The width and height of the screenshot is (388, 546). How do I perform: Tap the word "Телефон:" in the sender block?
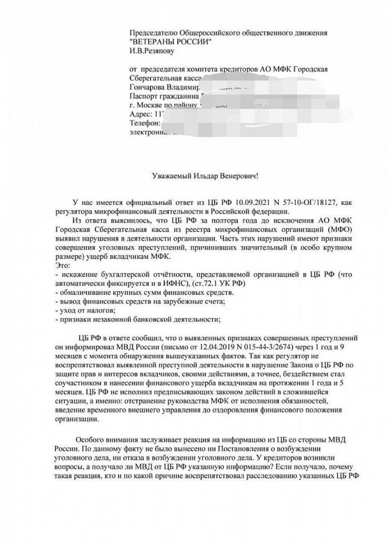145,123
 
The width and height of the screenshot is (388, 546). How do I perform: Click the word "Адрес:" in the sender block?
140,114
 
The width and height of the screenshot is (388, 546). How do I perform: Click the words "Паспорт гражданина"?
164,96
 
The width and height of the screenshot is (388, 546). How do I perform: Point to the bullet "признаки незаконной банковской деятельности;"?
139,318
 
